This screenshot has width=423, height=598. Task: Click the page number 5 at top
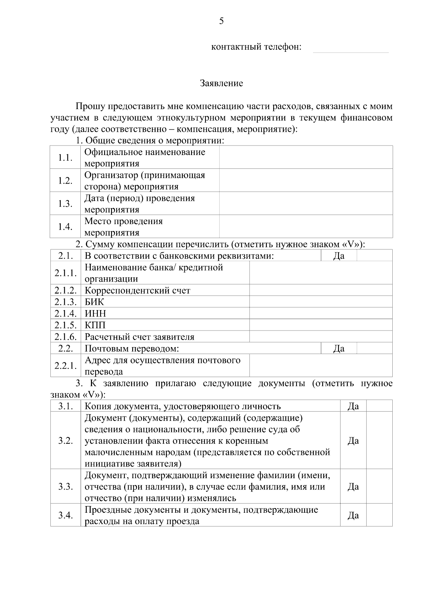[x=221, y=21]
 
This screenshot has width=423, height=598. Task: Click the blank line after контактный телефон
[x=351, y=48]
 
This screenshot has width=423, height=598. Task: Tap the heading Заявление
[x=221, y=84]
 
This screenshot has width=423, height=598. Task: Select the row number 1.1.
[x=66, y=158]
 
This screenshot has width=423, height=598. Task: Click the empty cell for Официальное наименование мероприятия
[x=306, y=158]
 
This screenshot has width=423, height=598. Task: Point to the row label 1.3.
[x=66, y=204]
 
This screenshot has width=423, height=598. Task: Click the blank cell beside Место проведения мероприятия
[x=306, y=227]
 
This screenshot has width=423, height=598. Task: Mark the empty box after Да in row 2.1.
[x=374, y=255]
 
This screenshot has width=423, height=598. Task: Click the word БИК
[x=94, y=302]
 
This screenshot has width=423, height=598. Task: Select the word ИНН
[x=95, y=314]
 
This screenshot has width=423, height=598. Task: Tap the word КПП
[x=95, y=325]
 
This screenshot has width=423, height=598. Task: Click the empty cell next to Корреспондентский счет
[x=321, y=290]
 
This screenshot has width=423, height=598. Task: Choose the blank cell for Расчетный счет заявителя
[x=321, y=337]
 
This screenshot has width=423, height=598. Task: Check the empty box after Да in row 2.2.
[x=374, y=349]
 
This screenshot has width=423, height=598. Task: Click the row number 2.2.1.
[x=66, y=366]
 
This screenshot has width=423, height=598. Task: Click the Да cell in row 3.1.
[x=353, y=406]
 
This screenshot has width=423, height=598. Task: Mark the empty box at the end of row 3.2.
[x=379, y=440]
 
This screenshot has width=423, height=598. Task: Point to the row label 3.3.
[x=66, y=487]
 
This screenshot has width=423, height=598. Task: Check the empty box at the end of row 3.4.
[x=379, y=516]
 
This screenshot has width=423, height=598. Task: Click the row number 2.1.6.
[x=66, y=337]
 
